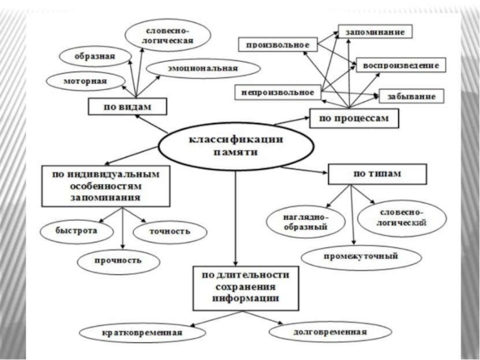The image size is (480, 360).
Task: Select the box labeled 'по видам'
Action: pyautogui.click(x=127, y=106)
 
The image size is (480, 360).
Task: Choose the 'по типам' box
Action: pyautogui.click(x=376, y=174)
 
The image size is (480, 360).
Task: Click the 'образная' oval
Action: pyautogui.click(x=94, y=56)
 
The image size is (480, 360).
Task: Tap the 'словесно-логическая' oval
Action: pyautogui.click(x=168, y=34)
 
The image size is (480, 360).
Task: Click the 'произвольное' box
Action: pyautogui.click(x=277, y=44)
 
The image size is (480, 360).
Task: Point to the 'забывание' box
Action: pyautogui.click(x=410, y=96)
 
